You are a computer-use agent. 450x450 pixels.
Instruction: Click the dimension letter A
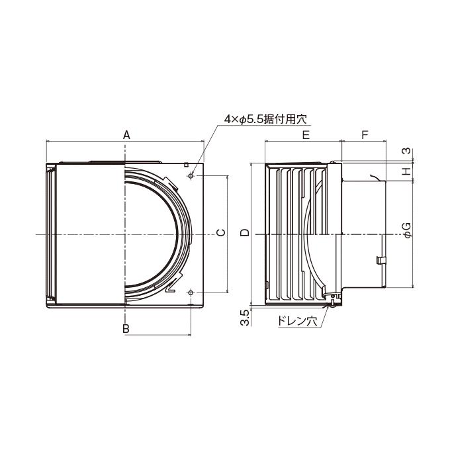(x=126, y=134)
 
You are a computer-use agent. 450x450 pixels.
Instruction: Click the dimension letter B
(x=126, y=329)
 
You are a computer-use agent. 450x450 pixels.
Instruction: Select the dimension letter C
(x=221, y=232)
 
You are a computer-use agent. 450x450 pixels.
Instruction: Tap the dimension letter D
(x=245, y=232)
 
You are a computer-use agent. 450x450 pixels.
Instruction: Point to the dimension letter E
(x=306, y=134)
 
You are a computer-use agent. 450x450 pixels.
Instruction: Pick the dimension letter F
(x=365, y=134)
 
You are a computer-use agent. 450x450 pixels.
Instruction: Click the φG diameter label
(x=408, y=230)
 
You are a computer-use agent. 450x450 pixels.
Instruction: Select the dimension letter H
(x=407, y=171)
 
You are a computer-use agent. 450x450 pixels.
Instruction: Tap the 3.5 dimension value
(x=244, y=318)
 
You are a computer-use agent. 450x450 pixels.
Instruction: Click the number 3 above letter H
(x=407, y=151)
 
